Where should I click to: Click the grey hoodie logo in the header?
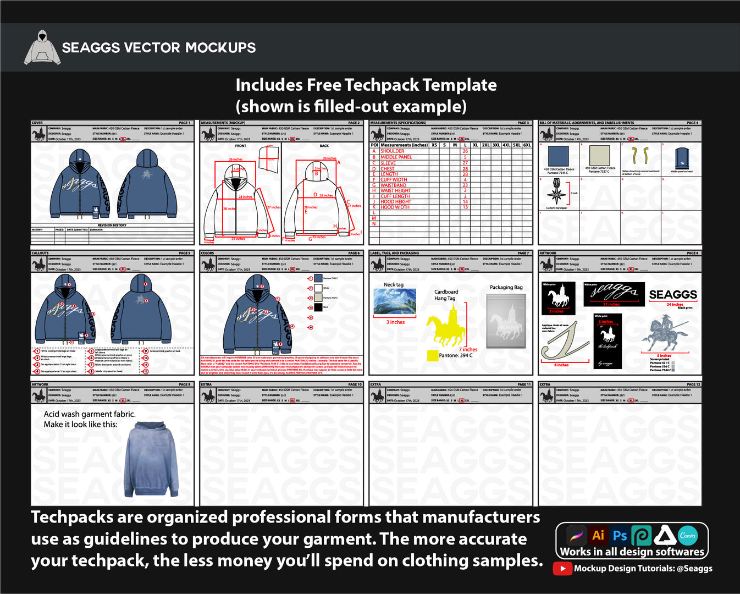coord(42,48)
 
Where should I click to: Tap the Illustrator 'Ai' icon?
coord(598,535)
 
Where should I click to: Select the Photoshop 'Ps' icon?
coord(620,535)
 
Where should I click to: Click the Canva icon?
coord(687,535)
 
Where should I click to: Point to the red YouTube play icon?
coord(562,568)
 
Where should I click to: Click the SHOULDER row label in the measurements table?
coord(392,151)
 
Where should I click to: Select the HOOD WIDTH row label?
coord(395,207)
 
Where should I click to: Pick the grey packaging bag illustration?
coord(506,321)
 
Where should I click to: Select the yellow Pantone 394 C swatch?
coord(432,355)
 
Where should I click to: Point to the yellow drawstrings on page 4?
coord(639,156)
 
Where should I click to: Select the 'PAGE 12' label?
coord(693,384)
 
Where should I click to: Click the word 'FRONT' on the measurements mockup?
coord(241,146)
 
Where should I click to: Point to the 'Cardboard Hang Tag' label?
coord(445,295)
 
